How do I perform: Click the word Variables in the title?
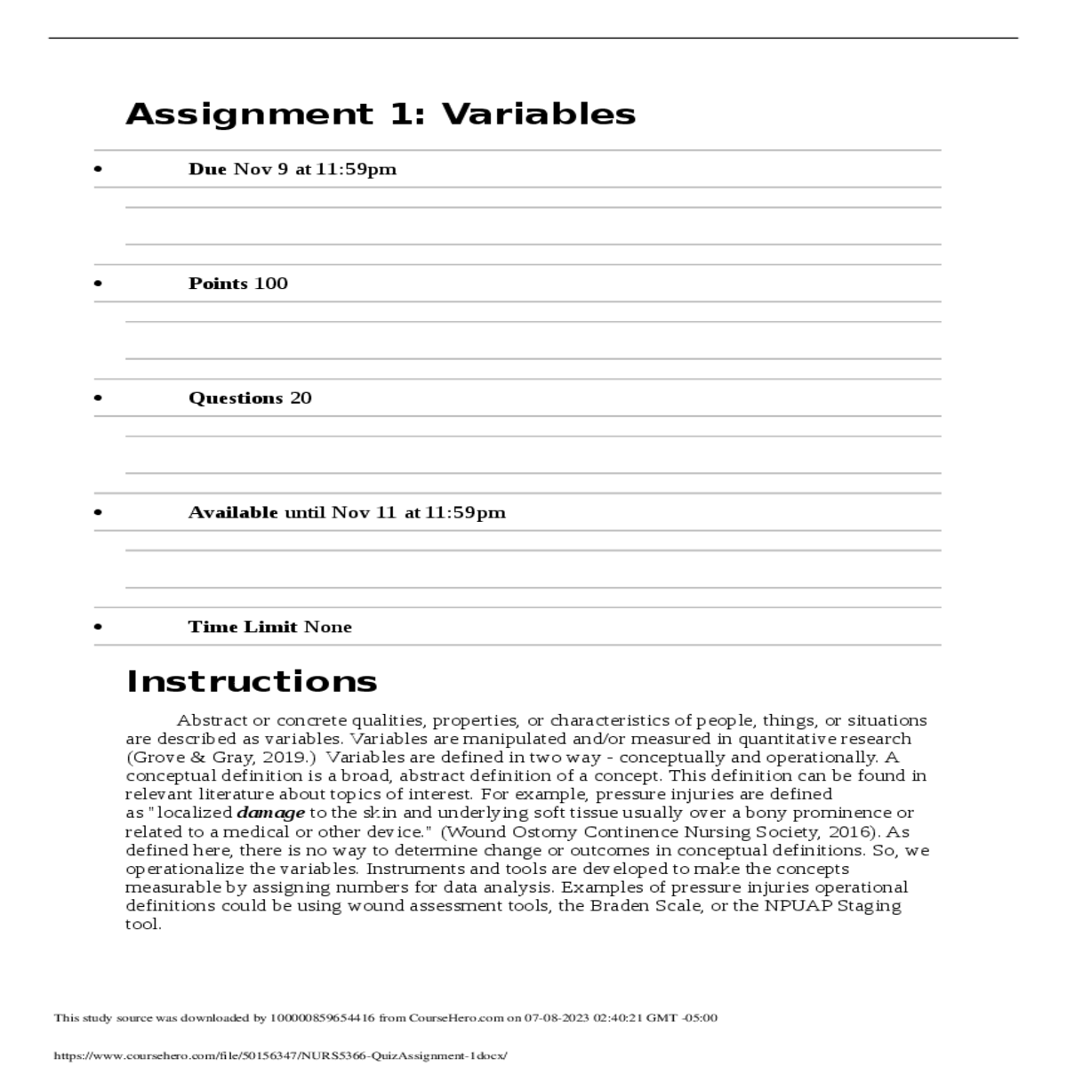[538, 114]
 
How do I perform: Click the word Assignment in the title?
[250, 114]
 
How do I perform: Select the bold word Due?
[207, 169]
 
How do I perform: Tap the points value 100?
[271, 284]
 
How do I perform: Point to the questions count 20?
[301, 398]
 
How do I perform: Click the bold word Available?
[233, 512]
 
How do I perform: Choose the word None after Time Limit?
[328, 627]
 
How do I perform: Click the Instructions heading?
[252, 681]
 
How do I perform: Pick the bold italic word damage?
[270, 813]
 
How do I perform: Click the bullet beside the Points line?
[98, 284]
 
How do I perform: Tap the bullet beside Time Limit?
[98, 627]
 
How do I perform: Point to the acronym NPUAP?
[794, 906]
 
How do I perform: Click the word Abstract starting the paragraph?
[212, 720]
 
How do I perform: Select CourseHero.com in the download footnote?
[455, 1018]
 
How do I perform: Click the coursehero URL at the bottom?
[280, 1055]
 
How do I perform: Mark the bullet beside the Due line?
[98, 169]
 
